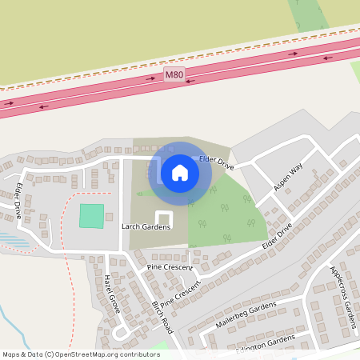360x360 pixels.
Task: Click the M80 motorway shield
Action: pos(174,74)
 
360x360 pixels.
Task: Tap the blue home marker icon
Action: pos(180,172)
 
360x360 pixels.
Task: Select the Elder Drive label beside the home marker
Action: pos(216,163)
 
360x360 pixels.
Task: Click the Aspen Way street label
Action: pos(288,177)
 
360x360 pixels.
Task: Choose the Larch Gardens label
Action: pos(146,227)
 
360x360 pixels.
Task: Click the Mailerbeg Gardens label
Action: pos(245,314)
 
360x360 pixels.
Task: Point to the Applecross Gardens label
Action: pos(342,297)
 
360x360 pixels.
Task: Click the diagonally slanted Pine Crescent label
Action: pos(179,296)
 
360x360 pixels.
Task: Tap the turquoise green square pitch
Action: pos(92,216)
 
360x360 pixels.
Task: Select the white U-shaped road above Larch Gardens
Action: pos(163,218)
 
